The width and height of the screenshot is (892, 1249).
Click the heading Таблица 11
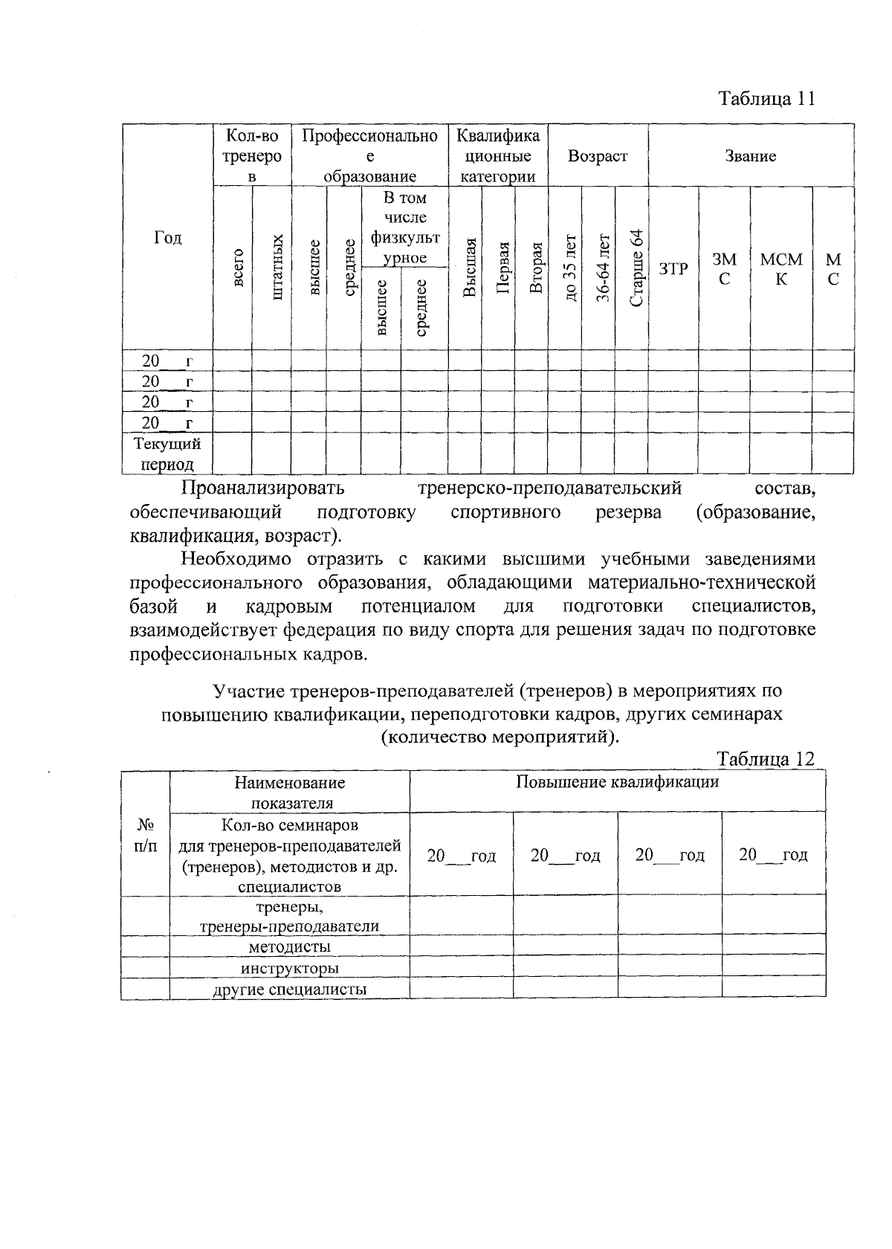click(x=766, y=99)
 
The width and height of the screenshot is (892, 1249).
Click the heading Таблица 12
click(x=766, y=758)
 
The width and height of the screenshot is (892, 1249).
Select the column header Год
click(x=167, y=237)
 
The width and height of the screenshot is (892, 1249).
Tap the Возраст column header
click(x=598, y=156)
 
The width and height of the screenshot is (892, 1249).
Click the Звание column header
click(x=750, y=156)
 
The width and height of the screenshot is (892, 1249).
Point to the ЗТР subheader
click(x=673, y=269)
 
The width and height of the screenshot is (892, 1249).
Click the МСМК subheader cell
click(x=781, y=269)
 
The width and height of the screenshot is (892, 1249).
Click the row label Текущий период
click(x=167, y=454)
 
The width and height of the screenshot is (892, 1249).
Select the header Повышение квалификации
click(x=617, y=782)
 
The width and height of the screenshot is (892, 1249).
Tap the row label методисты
click(x=289, y=947)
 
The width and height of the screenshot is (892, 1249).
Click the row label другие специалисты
click(x=289, y=990)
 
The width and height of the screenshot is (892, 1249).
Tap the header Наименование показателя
click(x=291, y=793)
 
